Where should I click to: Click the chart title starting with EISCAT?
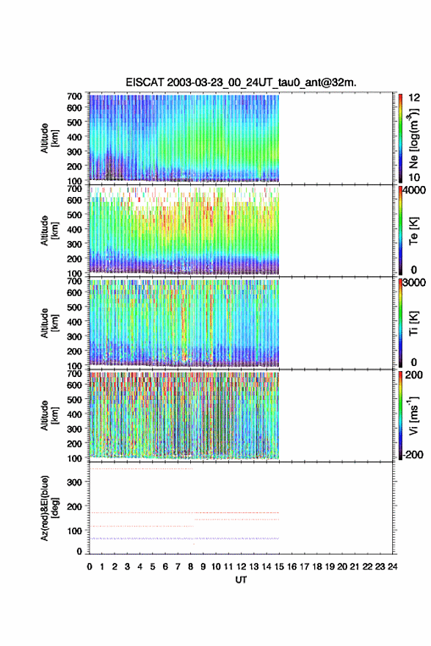pos(241,82)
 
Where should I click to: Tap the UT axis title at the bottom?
pos(241,580)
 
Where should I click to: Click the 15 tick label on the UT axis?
pos(279,567)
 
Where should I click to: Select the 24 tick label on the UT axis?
pos(392,567)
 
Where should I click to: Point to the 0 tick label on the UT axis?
pos(90,567)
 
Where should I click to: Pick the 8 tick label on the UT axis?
pos(191,567)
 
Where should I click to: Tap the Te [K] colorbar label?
pos(413,231)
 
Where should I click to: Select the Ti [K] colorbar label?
pos(413,323)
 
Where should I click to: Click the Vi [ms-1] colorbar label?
pos(413,415)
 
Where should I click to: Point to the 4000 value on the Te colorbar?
pos(414,190)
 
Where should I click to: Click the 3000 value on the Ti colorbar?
pos(414,283)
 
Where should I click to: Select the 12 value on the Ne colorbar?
pos(415,98)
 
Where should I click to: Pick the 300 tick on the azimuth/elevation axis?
pos(74,482)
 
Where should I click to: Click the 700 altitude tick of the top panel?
pos(74,96)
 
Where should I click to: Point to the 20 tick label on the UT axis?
pos(342,567)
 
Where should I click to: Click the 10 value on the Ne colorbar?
pos(415,177)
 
